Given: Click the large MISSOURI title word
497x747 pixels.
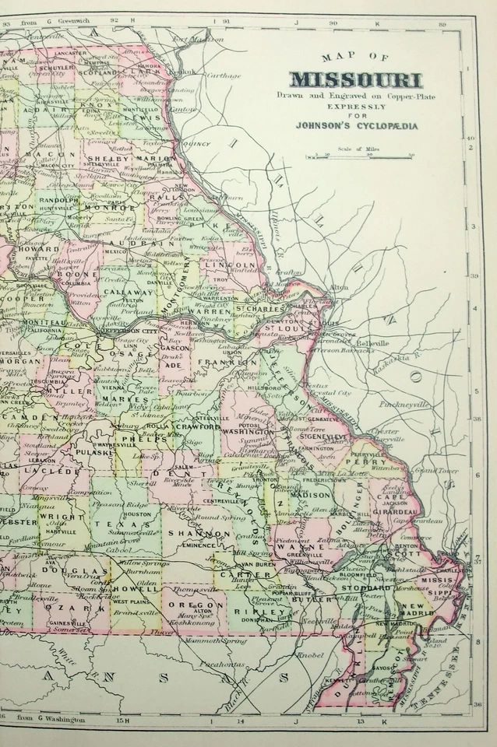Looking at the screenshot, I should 356,79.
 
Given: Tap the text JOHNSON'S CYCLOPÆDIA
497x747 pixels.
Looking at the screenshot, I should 356,122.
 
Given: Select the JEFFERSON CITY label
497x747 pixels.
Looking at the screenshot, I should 115,330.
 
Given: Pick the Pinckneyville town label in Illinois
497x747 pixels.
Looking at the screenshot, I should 402,405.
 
